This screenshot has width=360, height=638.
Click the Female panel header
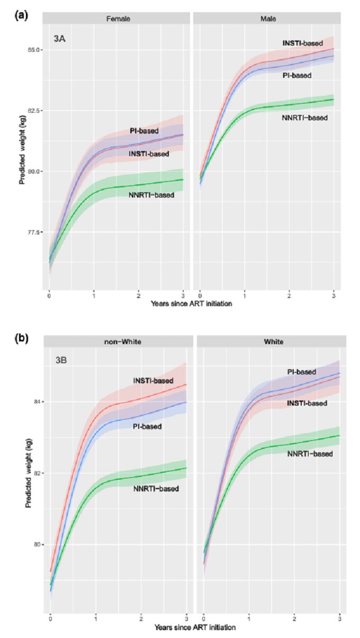tap(118, 19)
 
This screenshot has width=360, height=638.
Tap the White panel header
tap(271, 342)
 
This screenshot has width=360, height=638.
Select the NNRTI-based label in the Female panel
tap(151, 195)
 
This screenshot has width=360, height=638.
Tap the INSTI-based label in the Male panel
tap(302, 43)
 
